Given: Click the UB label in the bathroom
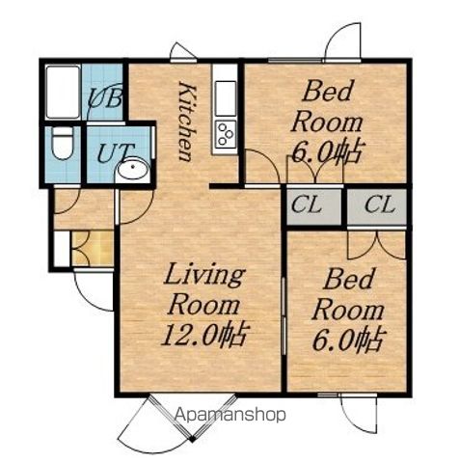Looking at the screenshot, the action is (x=105, y=97).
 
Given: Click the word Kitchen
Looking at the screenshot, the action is (x=187, y=122).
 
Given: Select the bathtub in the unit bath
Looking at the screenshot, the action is (x=63, y=92).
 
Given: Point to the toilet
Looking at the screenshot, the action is (x=63, y=143).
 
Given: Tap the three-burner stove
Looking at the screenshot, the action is (x=226, y=133).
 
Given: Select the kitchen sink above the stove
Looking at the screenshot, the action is (x=226, y=98).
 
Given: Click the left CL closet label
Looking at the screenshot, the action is (x=307, y=204).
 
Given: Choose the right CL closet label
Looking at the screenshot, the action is (x=380, y=204).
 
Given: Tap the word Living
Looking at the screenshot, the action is (x=204, y=276).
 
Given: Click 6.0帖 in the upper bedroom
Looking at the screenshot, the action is (x=329, y=151).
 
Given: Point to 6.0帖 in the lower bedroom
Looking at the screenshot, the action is (x=349, y=340).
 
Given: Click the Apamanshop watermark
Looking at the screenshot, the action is (x=230, y=415).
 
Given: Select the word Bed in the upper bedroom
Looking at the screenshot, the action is (x=328, y=92).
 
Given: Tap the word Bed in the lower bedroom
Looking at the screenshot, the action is (x=349, y=279).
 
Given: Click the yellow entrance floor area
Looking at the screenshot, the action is (x=93, y=248).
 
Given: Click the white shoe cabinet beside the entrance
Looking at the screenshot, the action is (x=62, y=248).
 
